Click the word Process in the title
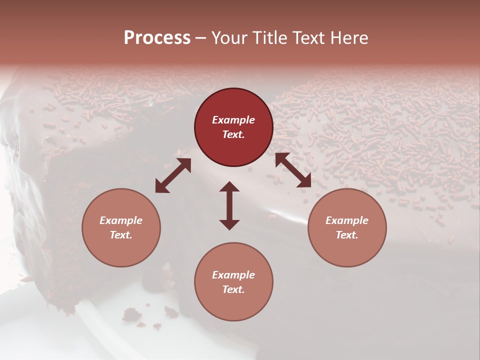click(x=157, y=38)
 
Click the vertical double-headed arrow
click(x=229, y=205)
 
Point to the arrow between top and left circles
click(x=173, y=175)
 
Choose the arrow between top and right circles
click(x=293, y=170)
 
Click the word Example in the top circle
click(x=233, y=120)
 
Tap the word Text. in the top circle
click(x=233, y=134)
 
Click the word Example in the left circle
click(x=121, y=220)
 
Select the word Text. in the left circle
click(x=121, y=235)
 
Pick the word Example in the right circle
click(x=347, y=220)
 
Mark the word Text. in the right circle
click(x=347, y=235)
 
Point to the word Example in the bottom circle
click(x=233, y=275)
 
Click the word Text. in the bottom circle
click(x=233, y=289)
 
